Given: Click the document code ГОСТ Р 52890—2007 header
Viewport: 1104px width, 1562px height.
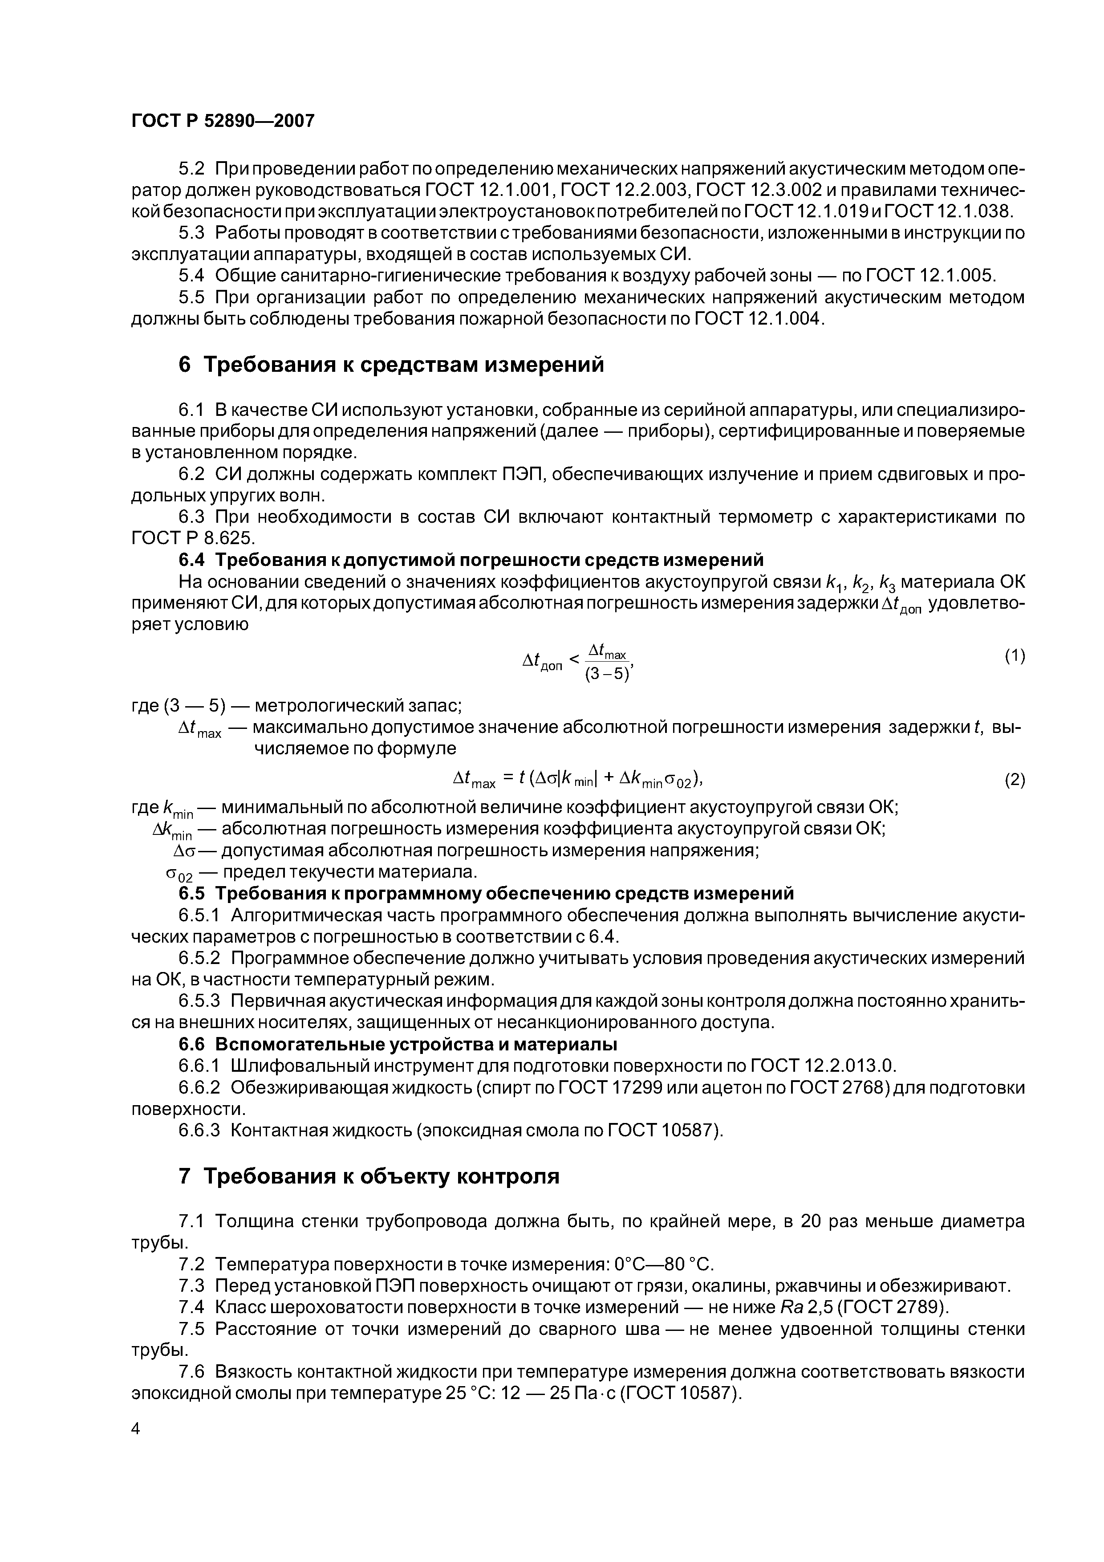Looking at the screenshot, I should point(223,121).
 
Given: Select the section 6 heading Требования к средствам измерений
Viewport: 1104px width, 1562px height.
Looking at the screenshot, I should point(391,365).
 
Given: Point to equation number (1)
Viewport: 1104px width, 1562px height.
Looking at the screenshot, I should point(1014,656).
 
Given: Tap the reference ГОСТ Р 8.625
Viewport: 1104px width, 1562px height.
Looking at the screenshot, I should point(192,538).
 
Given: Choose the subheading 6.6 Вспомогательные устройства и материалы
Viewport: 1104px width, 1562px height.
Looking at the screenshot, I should point(398,1044).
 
